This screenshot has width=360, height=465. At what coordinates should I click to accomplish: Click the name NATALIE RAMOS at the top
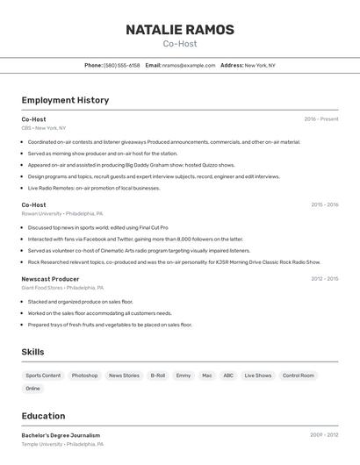tap(180, 30)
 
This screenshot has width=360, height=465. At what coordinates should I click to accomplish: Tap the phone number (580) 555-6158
tap(122, 65)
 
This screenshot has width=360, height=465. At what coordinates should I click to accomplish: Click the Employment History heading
tap(65, 100)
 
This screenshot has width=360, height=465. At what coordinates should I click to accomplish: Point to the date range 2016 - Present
tap(321, 119)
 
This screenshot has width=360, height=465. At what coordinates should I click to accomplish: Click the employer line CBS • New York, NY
tap(44, 128)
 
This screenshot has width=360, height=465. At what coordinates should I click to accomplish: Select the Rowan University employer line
tap(62, 213)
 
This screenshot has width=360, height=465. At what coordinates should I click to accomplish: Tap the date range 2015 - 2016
tap(324, 204)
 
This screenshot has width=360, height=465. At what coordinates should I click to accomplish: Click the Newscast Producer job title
tap(50, 279)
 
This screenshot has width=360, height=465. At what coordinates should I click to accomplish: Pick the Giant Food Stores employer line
tap(62, 288)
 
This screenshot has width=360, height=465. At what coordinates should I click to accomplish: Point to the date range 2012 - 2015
tap(324, 279)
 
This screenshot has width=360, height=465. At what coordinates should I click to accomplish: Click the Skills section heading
tap(33, 352)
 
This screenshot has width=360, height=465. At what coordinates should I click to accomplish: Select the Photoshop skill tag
tap(85, 376)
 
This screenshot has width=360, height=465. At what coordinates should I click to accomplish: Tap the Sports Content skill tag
tap(44, 376)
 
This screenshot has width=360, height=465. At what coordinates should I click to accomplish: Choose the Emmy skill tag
tap(184, 376)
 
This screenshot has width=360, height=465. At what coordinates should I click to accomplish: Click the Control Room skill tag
tap(299, 376)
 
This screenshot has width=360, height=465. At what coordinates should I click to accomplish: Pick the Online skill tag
tap(33, 389)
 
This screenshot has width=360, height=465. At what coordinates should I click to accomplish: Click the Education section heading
tap(44, 416)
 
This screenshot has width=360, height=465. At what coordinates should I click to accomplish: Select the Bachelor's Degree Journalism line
tap(61, 435)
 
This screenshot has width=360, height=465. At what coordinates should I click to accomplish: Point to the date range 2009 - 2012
tap(324, 435)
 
